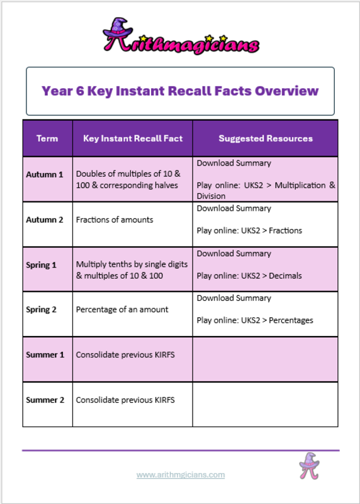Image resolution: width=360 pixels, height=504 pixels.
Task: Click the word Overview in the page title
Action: [287, 91]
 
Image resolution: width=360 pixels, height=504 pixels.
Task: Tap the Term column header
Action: [47, 138]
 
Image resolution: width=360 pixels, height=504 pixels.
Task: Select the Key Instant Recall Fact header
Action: [133, 138]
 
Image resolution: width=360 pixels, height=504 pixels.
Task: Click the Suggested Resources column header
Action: [266, 138]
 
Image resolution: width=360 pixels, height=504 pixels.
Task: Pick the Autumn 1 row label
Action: [45, 174]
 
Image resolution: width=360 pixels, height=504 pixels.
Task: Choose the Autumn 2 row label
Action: [45, 220]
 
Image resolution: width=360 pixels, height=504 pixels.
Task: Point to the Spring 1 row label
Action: [41, 265]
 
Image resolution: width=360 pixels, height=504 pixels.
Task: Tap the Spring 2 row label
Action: [41, 310]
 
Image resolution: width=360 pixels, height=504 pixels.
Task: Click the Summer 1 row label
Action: [45, 355]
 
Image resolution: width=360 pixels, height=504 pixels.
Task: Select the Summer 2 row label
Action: [45, 400]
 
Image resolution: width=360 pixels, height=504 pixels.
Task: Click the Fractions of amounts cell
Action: [115, 220]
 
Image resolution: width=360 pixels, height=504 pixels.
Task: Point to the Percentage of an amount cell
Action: [122, 310]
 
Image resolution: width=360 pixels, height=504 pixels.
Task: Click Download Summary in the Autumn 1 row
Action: [234, 164]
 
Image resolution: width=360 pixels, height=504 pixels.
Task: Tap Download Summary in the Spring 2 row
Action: [234, 298]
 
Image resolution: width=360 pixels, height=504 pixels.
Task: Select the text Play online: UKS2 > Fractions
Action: [249, 230]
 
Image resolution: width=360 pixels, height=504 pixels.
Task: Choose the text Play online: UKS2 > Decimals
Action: [249, 276]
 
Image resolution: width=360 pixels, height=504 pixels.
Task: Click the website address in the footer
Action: [181, 475]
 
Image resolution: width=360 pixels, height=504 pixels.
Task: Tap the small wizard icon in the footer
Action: [310, 466]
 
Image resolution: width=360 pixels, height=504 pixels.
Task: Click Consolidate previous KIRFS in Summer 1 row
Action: [125, 355]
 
